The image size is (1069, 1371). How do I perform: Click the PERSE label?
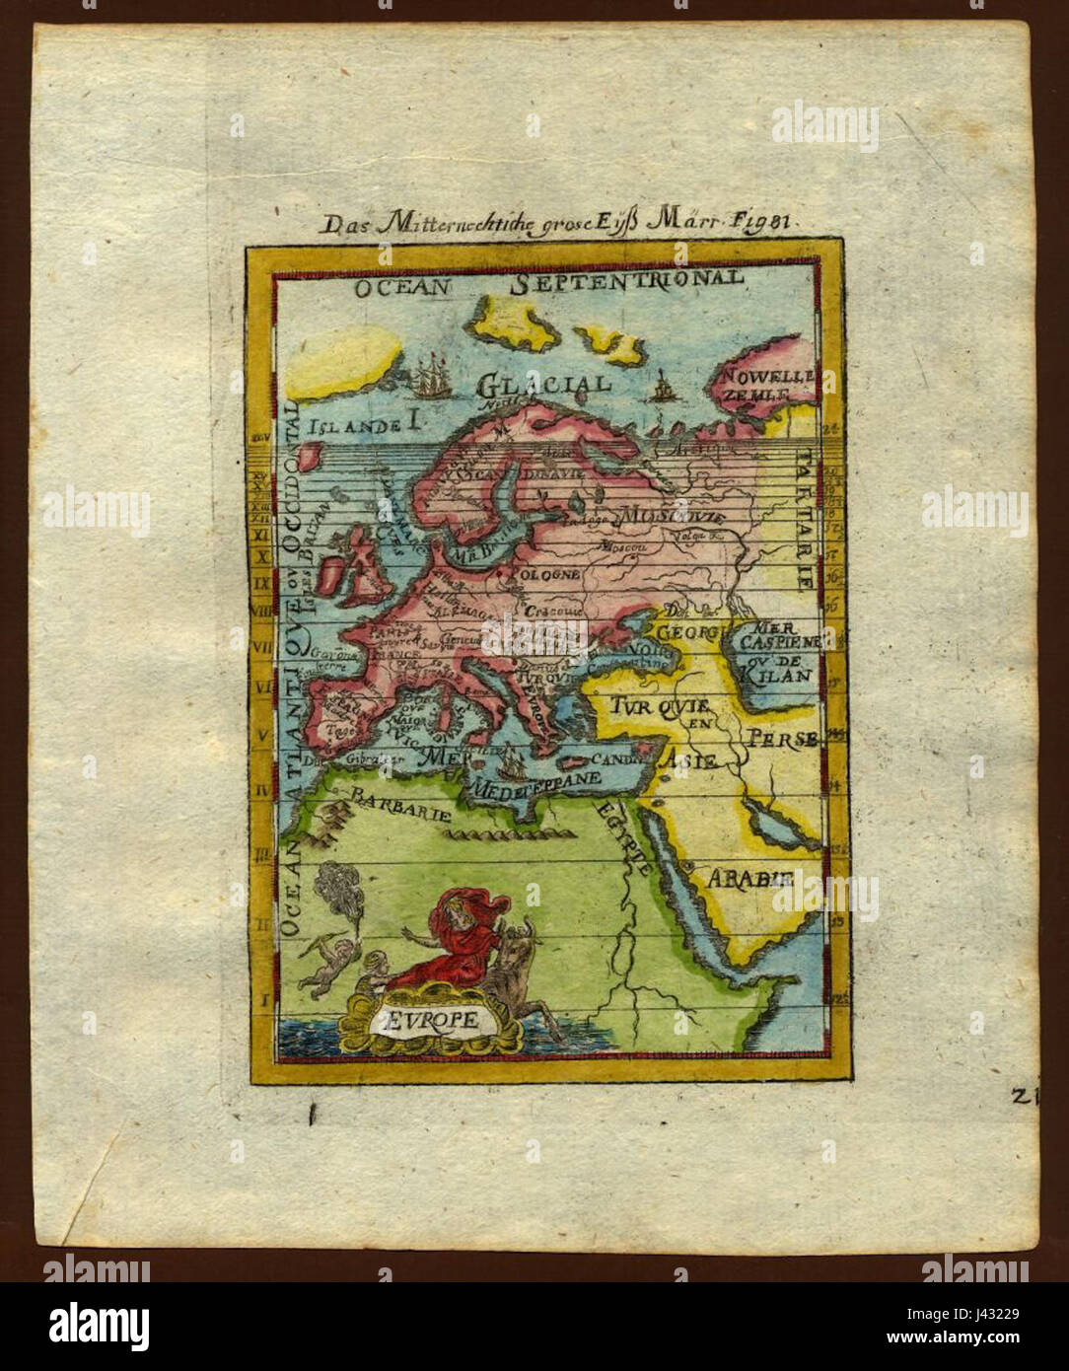click(781, 738)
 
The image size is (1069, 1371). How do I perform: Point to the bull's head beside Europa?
click(524, 937)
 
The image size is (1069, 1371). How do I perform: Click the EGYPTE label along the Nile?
click(623, 837)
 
